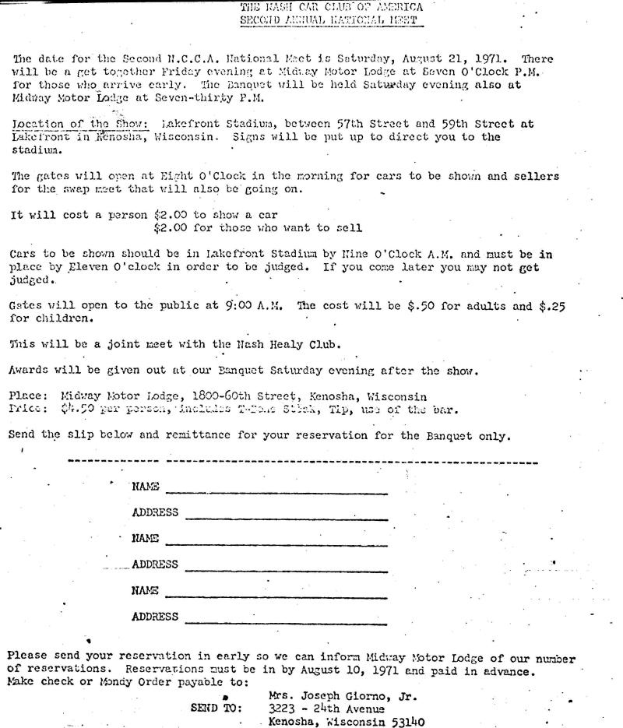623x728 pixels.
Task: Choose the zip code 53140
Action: pyautogui.click(x=406, y=722)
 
